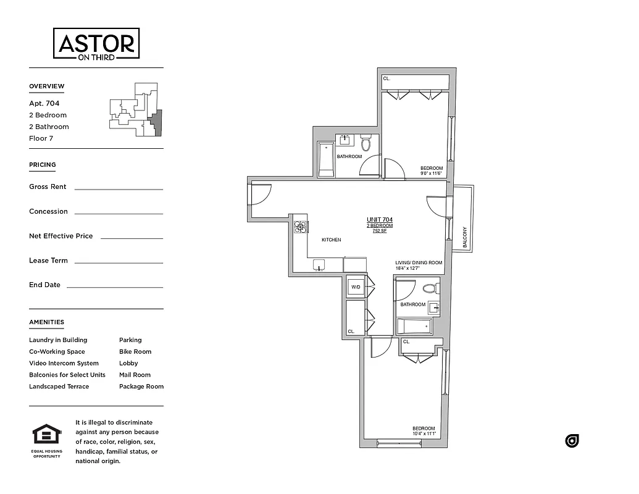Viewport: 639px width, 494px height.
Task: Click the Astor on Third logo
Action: (96, 44)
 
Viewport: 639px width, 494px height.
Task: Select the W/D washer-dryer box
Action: (356, 287)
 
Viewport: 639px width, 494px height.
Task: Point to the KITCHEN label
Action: (331, 240)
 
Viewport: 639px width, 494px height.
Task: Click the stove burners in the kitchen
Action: (301, 227)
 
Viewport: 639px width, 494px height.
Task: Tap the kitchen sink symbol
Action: (319, 265)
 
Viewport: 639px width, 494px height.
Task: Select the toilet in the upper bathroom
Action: (365, 143)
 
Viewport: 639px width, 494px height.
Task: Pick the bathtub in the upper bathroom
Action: (326, 159)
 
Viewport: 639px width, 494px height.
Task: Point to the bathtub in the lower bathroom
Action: (414, 326)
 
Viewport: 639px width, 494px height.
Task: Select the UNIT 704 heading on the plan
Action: (379, 220)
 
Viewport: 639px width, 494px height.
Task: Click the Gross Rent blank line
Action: (119, 189)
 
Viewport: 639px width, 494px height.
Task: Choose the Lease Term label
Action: (48, 261)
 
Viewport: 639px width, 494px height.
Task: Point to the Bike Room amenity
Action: (135, 351)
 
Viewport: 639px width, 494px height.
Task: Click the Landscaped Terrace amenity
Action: (59, 387)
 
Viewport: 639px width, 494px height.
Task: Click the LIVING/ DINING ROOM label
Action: (419, 263)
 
